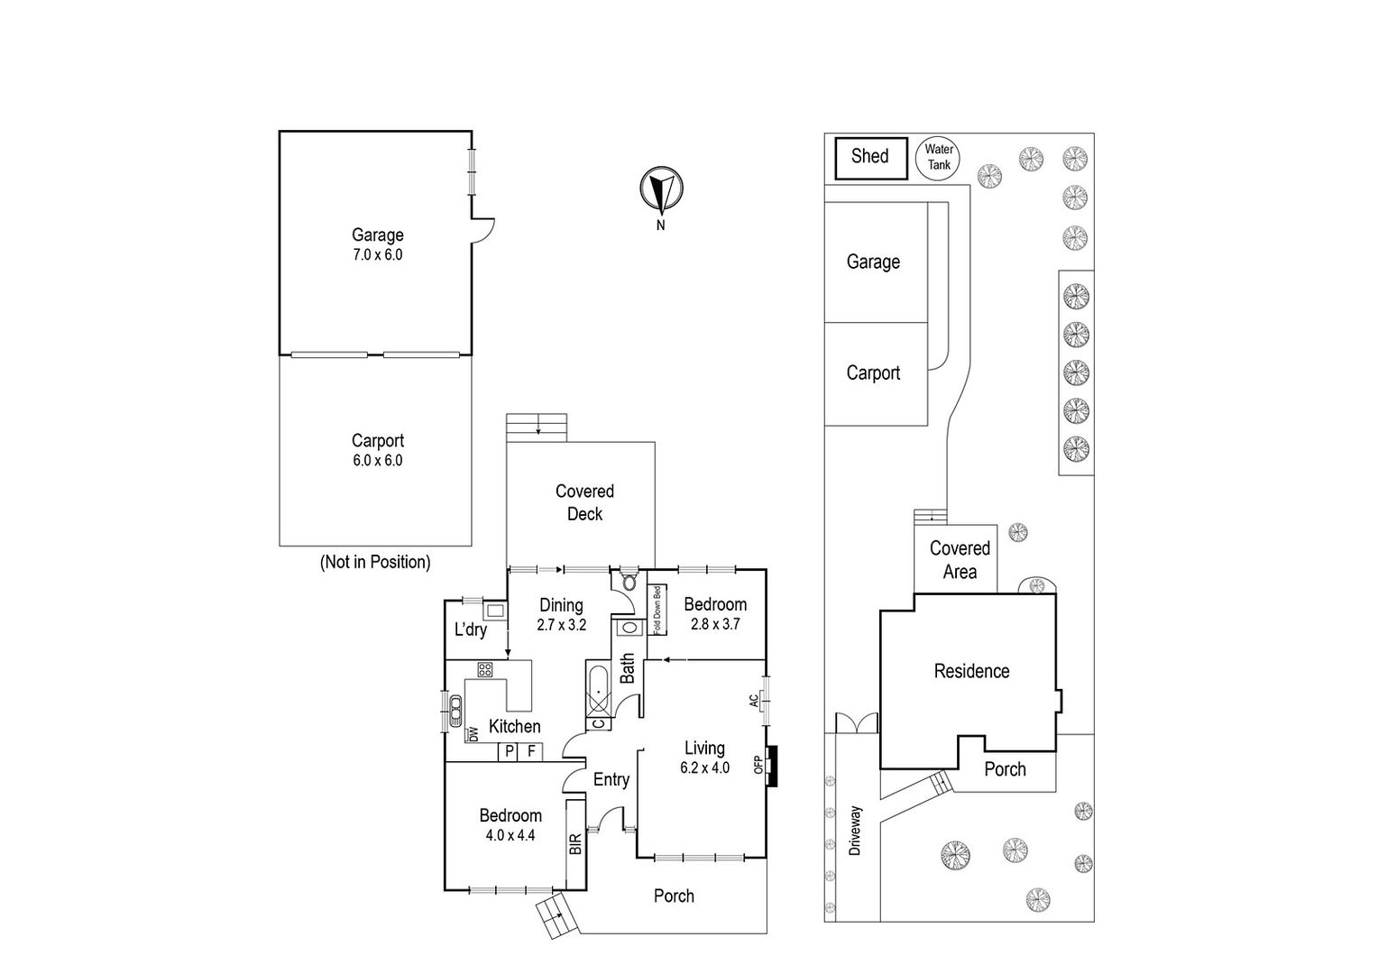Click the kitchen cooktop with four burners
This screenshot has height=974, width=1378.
(485, 669)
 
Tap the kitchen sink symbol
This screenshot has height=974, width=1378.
(455, 712)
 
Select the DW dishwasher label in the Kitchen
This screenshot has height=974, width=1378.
(473, 734)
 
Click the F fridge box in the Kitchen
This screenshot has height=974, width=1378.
(531, 751)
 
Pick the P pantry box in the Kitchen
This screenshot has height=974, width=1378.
(509, 751)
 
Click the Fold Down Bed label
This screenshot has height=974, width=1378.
(657, 610)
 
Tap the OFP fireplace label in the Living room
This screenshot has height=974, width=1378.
(758, 765)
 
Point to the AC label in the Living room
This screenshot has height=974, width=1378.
(754, 700)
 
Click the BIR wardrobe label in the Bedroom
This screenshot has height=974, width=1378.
(575, 843)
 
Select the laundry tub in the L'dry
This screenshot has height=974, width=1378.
(495, 611)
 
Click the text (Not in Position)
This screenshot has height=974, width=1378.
(375, 562)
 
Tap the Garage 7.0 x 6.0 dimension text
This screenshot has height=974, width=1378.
(378, 254)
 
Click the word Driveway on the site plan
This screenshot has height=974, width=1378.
(855, 831)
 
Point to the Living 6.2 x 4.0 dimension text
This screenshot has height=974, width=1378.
(705, 767)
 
